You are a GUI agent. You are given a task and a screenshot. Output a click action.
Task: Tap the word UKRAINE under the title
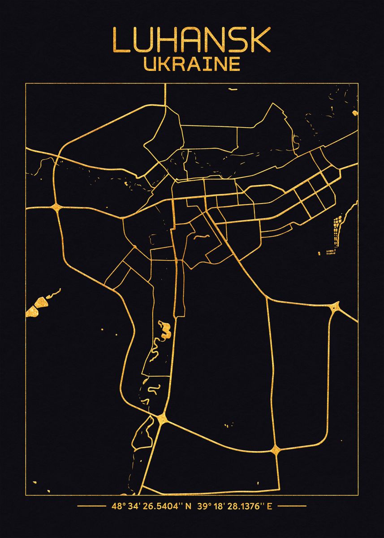(x=192, y=64)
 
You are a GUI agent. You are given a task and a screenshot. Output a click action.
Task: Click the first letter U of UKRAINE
(x=150, y=64)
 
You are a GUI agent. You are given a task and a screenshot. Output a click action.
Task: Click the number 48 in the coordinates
(x=116, y=507)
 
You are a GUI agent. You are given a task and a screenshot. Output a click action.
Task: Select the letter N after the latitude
(x=188, y=507)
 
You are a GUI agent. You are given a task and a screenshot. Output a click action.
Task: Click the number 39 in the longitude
(x=202, y=507)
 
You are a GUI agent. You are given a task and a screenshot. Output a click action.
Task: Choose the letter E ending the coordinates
(x=270, y=507)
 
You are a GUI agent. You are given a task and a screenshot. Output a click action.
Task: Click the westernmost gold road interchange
(x=56, y=207)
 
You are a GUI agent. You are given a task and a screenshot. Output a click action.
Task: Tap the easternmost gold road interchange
(x=335, y=308)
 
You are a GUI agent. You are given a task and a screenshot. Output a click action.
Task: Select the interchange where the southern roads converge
(x=162, y=419)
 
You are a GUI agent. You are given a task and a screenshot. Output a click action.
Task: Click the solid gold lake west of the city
(x=35, y=308)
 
